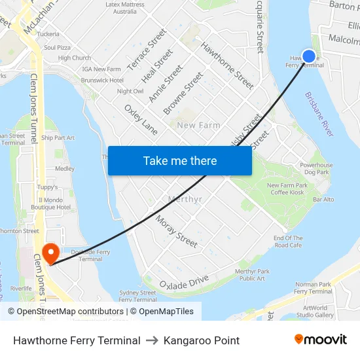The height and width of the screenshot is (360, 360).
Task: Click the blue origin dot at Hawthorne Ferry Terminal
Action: pos(309,56)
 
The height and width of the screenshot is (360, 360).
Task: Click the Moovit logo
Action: pos(321,340)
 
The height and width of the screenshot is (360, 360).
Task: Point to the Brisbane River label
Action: pos(319,114)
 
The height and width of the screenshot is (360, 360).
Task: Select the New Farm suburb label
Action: pos(198,125)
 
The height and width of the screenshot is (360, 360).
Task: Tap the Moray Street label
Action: pos(176,232)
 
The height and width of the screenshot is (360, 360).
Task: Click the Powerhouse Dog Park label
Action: pos(317,169)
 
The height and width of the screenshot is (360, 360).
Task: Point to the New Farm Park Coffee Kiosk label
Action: pos(286,189)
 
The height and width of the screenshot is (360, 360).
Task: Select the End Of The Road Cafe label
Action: pos(288,242)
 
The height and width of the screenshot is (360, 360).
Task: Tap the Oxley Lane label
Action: pos(141,120)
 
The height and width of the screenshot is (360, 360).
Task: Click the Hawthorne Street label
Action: pos(227,65)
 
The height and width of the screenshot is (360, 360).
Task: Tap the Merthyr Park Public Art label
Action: pos(252,275)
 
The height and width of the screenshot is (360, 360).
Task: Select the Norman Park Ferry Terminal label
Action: pos(314,288)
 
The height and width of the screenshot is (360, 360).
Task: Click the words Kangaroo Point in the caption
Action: pos(202,340)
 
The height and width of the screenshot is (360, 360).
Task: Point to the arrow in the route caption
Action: pos(152,340)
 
